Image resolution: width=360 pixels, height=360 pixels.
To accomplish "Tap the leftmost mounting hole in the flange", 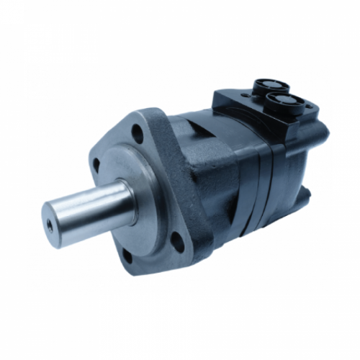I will click(96, 165).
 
